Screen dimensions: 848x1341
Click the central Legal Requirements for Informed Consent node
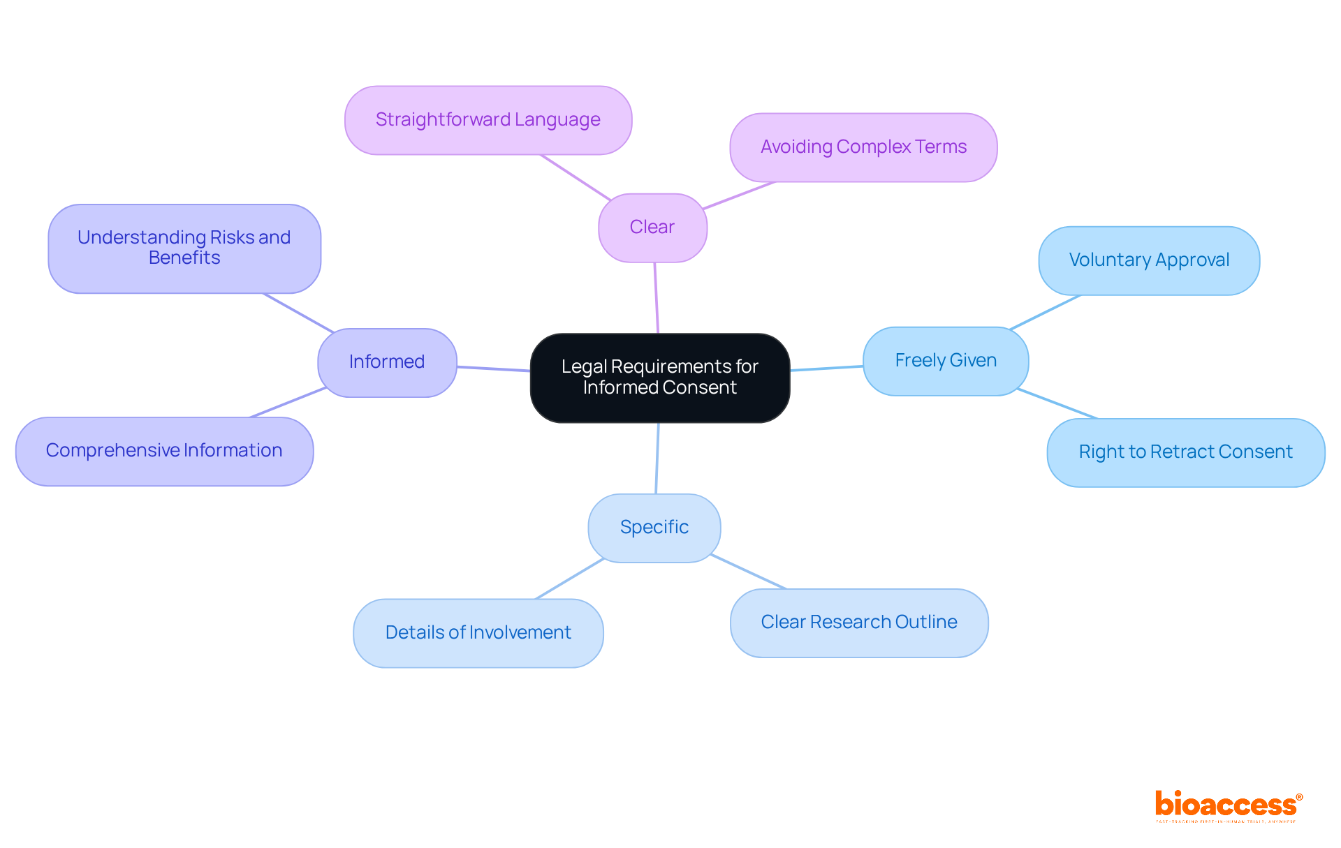click(x=659, y=378)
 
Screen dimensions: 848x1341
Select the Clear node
click(x=652, y=228)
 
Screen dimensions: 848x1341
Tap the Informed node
click(x=387, y=362)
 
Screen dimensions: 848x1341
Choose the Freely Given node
click(x=946, y=361)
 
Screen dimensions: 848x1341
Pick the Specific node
click(x=654, y=528)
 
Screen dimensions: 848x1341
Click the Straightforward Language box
click(x=488, y=120)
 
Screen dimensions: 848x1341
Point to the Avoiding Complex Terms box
click(x=863, y=147)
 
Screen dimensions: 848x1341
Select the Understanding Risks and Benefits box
click(x=184, y=248)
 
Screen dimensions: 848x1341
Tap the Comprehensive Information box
click(x=164, y=451)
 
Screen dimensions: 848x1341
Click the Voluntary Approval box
click(x=1149, y=260)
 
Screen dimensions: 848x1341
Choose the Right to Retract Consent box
click(x=1185, y=452)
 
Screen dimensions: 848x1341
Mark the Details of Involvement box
click(x=478, y=633)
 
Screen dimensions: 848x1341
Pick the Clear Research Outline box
click(x=859, y=623)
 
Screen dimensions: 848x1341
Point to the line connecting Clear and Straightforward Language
click(x=576, y=177)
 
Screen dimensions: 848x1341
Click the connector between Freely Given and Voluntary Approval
click(x=1045, y=312)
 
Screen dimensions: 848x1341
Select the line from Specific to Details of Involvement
click(x=569, y=579)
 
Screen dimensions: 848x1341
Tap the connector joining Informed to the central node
click(x=493, y=369)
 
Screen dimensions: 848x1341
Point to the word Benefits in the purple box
click(x=184, y=258)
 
